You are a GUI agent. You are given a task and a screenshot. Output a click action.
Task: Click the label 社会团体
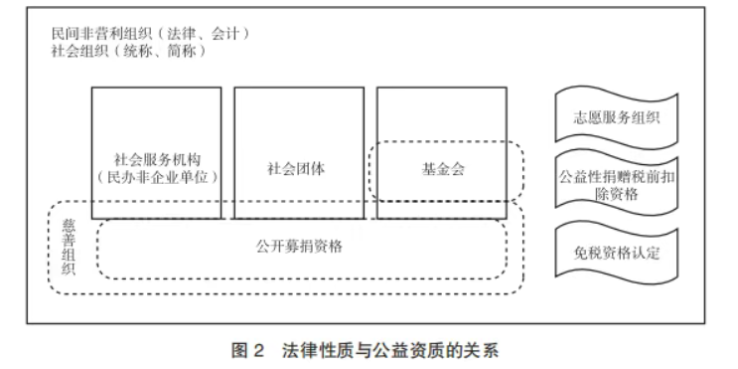297,168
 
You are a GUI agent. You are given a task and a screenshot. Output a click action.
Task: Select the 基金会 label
443,168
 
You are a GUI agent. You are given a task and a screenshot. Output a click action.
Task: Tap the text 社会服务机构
157,159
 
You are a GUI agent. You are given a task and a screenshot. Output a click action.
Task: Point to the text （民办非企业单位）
157,177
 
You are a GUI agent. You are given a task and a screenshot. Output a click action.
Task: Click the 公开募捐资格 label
299,246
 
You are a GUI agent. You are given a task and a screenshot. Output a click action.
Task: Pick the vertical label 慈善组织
69,248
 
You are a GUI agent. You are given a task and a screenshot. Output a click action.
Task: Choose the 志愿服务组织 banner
617,117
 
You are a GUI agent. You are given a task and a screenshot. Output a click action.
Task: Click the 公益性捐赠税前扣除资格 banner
617,184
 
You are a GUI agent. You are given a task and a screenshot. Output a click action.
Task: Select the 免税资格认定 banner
617,253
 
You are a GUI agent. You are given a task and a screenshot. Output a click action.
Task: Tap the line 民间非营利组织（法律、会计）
151,34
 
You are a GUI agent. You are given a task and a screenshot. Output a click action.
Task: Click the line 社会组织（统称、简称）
129,51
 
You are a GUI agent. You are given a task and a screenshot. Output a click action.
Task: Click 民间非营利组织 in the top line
101,34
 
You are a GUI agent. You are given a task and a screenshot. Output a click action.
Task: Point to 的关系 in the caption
474,351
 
